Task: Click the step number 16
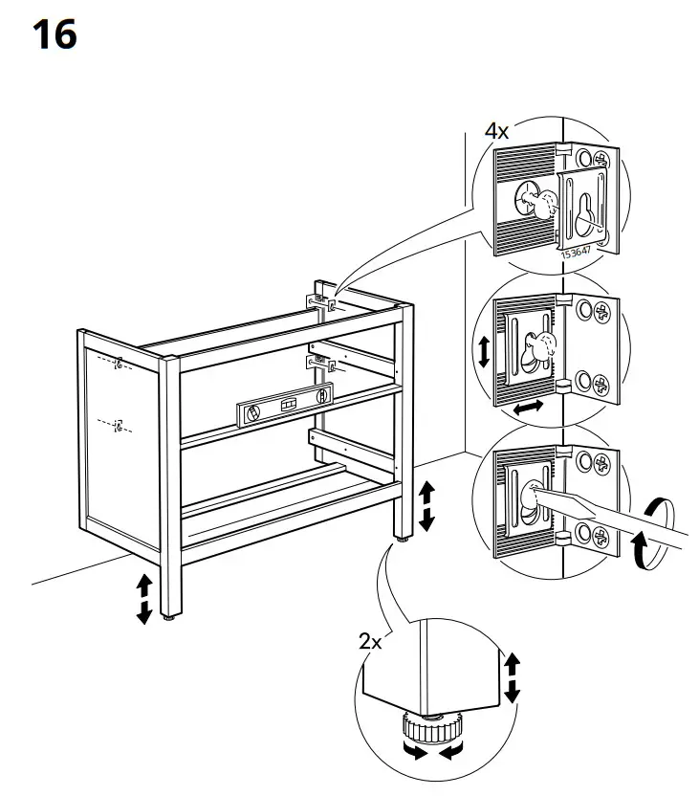point(54,35)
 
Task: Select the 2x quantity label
point(370,642)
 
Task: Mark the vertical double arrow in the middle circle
point(484,351)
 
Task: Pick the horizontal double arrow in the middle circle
point(529,408)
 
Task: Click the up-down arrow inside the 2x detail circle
point(512,677)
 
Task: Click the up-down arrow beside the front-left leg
point(143,598)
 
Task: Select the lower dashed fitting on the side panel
point(117,424)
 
